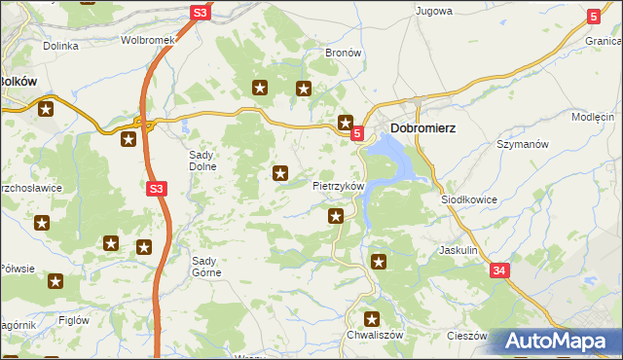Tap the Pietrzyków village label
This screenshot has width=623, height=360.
click(338, 185)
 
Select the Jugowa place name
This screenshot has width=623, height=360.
click(434, 12)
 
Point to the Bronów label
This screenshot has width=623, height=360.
click(344, 53)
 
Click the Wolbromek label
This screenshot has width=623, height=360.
click(146, 41)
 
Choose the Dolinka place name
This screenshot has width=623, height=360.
click(59, 46)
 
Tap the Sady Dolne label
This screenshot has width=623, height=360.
click(207, 161)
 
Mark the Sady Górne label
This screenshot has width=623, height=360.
click(206, 267)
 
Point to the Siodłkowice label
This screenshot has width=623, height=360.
click(469, 199)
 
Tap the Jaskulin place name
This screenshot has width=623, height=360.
click(458, 250)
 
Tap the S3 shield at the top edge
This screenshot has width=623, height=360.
click(200, 13)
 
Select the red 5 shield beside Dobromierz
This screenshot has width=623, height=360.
click(357, 133)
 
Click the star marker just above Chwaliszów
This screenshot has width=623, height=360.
click(371, 318)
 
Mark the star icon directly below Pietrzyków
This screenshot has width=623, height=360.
click(336, 216)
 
